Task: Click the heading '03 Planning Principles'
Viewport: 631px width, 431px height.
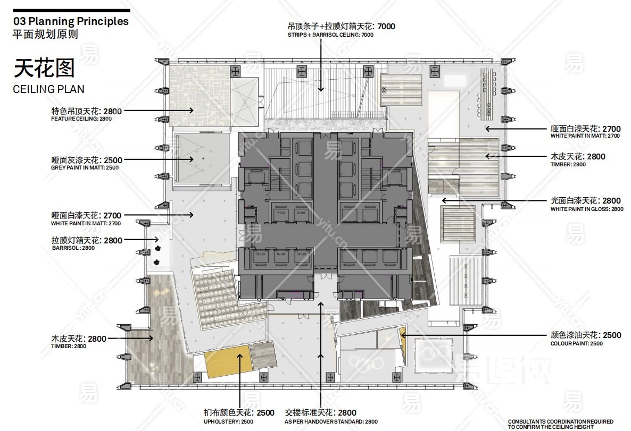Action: pyautogui.click(x=71, y=21)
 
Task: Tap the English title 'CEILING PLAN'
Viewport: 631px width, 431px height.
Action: pyautogui.click(x=48, y=89)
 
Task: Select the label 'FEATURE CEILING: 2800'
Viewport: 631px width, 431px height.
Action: pyautogui.click(x=81, y=119)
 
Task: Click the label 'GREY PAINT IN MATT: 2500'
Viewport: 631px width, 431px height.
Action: pyautogui.click(x=85, y=167)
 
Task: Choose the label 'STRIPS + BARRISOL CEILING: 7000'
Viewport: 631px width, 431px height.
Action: pyautogui.click(x=330, y=35)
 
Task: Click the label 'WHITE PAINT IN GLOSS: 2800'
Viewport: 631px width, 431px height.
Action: pyautogui.click(x=587, y=209)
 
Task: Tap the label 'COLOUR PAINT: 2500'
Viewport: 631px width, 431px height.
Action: pyautogui.click(x=577, y=343)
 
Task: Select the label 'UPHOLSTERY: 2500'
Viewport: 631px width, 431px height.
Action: pyautogui.click(x=228, y=421)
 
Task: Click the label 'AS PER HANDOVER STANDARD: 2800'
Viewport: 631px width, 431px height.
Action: pyautogui.click(x=331, y=421)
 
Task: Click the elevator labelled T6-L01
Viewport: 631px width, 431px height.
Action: pyautogui.click(x=280, y=213)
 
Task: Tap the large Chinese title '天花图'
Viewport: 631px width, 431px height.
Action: pyautogui.click(x=44, y=69)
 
